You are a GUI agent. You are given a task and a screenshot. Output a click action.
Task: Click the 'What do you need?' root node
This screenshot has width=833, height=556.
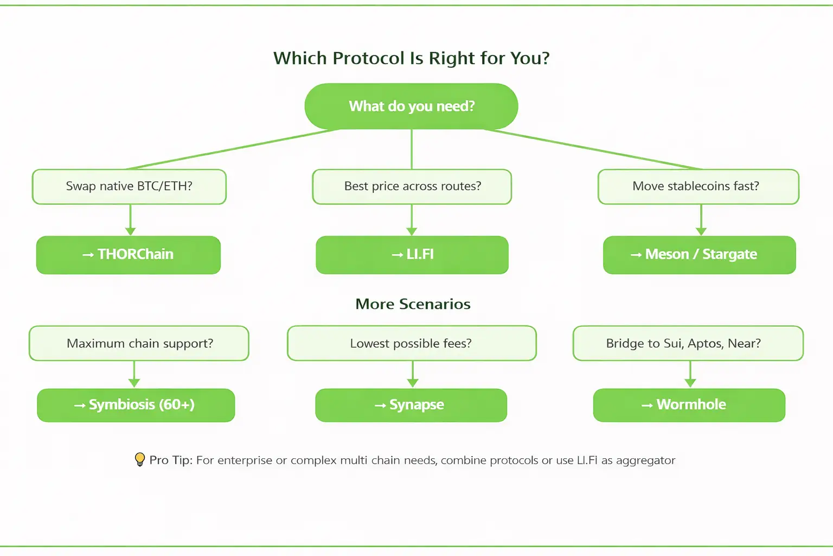coord(411,106)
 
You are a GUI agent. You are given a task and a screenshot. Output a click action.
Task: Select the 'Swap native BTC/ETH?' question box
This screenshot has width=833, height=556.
coord(129,186)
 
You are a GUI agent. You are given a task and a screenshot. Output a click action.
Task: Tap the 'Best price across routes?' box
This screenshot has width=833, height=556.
coord(412,186)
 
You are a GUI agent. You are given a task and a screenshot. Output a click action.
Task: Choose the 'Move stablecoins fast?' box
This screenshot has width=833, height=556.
coord(698,186)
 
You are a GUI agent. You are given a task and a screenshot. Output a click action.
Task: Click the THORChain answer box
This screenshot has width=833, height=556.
coord(129,255)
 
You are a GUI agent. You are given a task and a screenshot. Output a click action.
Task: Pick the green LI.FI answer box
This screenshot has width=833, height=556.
coord(412,255)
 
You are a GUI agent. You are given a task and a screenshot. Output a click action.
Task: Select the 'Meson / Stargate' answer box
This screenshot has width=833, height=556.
coord(699,255)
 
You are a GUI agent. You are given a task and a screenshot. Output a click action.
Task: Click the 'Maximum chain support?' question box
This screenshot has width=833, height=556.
coord(139,343)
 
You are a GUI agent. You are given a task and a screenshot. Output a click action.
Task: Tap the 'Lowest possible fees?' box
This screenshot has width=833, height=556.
coord(412,343)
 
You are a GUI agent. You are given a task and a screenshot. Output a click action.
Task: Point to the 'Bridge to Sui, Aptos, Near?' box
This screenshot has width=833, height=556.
coord(688,343)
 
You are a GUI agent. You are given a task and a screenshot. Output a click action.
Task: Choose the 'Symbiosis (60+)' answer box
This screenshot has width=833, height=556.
coord(136,405)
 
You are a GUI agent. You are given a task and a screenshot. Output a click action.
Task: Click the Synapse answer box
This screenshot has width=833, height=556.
coord(411,405)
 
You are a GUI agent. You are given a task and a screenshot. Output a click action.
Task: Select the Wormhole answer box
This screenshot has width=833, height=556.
coord(689,405)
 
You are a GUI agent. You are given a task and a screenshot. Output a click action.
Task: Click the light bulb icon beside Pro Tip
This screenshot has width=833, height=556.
coord(139,460)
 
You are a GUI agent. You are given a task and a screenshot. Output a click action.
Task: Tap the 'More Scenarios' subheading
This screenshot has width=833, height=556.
coord(413,304)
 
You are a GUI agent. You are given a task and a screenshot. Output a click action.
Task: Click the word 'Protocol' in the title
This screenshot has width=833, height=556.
coord(369,58)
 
